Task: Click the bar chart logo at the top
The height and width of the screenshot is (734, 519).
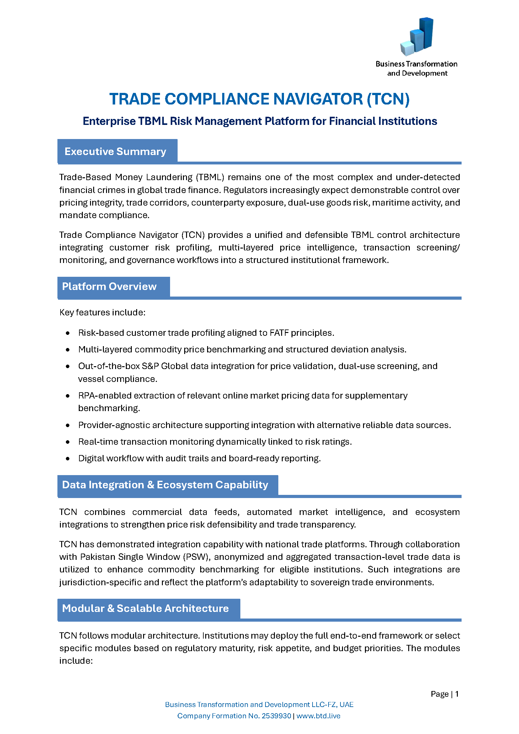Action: [417, 36]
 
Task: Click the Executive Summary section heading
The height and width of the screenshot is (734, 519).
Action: [115, 152]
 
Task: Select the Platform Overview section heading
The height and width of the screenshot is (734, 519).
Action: [109, 287]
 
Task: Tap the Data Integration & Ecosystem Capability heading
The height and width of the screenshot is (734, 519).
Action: [165, 485]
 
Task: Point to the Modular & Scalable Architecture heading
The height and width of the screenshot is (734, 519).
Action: [145, 608]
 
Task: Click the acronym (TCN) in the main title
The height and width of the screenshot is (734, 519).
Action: [388, 99]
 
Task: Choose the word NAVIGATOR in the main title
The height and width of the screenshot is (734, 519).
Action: [318, 99]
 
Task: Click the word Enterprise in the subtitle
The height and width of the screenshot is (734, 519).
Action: [109, 121]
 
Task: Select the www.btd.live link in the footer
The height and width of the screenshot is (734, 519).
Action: [318, 716]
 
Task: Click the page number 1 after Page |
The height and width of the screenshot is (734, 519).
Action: [457, 694]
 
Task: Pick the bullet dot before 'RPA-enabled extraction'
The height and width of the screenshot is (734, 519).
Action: [68, 396]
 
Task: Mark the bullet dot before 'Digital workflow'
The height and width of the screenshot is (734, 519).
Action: [68, 458]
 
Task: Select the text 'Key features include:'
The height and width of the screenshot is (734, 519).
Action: [102, 313]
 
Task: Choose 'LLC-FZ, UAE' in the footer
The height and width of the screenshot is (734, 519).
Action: [334, 705]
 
